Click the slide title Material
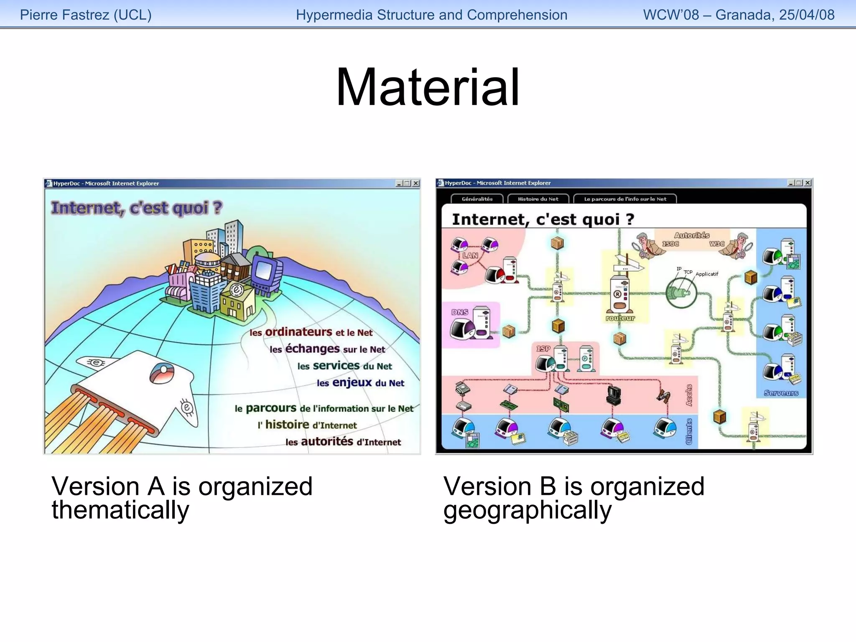(428, 88)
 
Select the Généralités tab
(477, 199)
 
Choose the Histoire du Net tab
(538, 199)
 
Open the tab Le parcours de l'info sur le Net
(625, 199)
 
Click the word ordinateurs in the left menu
(298, 332)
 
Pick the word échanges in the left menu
(312, 349)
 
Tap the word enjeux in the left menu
(352, 382)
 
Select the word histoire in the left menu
(287, 425)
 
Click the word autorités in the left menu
(327, 441)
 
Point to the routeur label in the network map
(620, 318)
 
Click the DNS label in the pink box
(459, 312)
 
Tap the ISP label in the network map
(543, 349)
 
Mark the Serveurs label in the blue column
(781, 393)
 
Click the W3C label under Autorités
(717, 244)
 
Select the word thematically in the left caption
(120, 510)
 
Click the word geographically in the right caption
(527, 510)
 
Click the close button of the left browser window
(416, 183)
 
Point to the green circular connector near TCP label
(681, 293)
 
